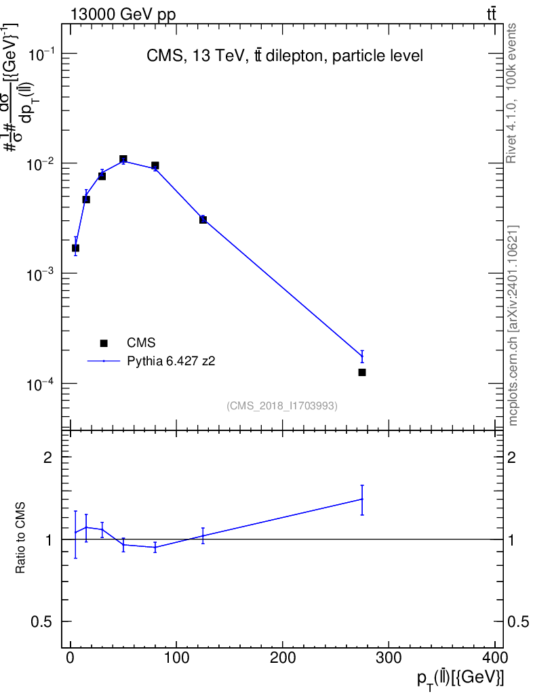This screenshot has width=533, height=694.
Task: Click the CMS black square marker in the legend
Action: click(x=104, y=344)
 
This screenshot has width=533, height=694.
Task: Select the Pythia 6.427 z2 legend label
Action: click(x=171, y=362)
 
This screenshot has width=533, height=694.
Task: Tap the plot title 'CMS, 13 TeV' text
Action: click(x=285, y=56)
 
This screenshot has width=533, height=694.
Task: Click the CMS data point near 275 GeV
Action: click(x=362, y=373)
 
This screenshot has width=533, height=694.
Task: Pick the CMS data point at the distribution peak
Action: click(x=123, y=159)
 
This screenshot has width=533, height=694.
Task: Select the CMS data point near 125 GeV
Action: click(x=203, y=220)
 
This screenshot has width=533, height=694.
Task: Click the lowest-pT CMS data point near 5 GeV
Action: click(x=75, y=248)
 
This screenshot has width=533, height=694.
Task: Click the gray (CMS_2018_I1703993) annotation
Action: click(x=282, y=406)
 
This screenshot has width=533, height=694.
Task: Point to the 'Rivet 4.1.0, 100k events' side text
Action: click(x=512, y=93)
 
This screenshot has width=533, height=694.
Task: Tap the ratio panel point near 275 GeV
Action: click(x=362, y=499)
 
